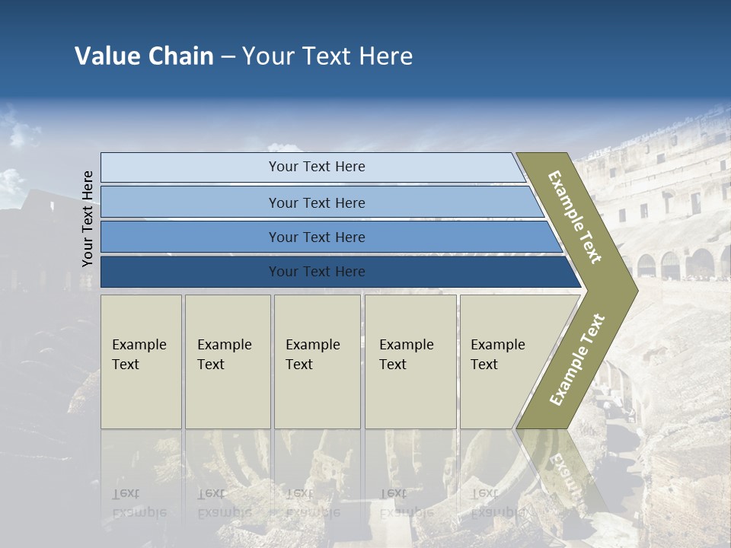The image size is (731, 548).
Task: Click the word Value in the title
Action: (x=107, y=56)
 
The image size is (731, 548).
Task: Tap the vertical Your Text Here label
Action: (x=88, y=219)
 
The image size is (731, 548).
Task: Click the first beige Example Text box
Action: (x=141, y=362)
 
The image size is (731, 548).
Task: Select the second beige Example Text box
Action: (x=227, y=362)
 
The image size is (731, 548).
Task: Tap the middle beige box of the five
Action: (x=317, y=362)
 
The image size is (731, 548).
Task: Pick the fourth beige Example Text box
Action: (x=410, y=362)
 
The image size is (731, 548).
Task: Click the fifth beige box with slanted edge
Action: (x=503, y=362)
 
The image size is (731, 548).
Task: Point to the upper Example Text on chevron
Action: (x=576, y=218)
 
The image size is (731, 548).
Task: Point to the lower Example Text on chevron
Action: (x=577, y=359)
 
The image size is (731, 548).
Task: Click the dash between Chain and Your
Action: (x=228, y=56)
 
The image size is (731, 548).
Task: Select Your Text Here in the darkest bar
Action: (x=317, y=272)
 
